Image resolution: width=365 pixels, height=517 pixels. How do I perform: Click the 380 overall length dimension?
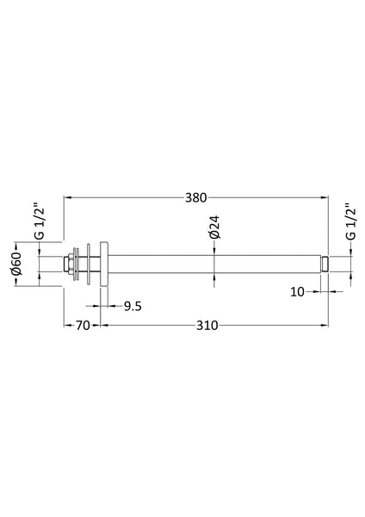coord(196,197)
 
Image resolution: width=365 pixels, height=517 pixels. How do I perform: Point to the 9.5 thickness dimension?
coord(133,304)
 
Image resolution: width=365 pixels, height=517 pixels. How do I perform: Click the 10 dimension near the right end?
coord(298,292)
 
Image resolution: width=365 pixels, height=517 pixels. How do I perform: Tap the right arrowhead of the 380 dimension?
coord(325,197)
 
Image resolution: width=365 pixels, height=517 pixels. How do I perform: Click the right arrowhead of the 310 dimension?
coord(325,325)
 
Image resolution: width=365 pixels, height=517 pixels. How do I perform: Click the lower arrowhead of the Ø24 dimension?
coord(213,277)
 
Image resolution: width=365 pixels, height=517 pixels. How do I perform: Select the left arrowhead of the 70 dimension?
coord(69,325)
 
